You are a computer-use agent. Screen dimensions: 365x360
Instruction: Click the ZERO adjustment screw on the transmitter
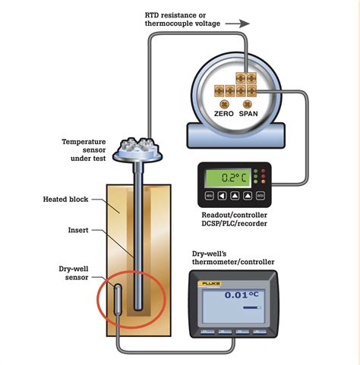(x=224, y=103)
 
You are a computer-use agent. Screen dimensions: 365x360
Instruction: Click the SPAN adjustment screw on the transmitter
(x=247, y=103)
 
